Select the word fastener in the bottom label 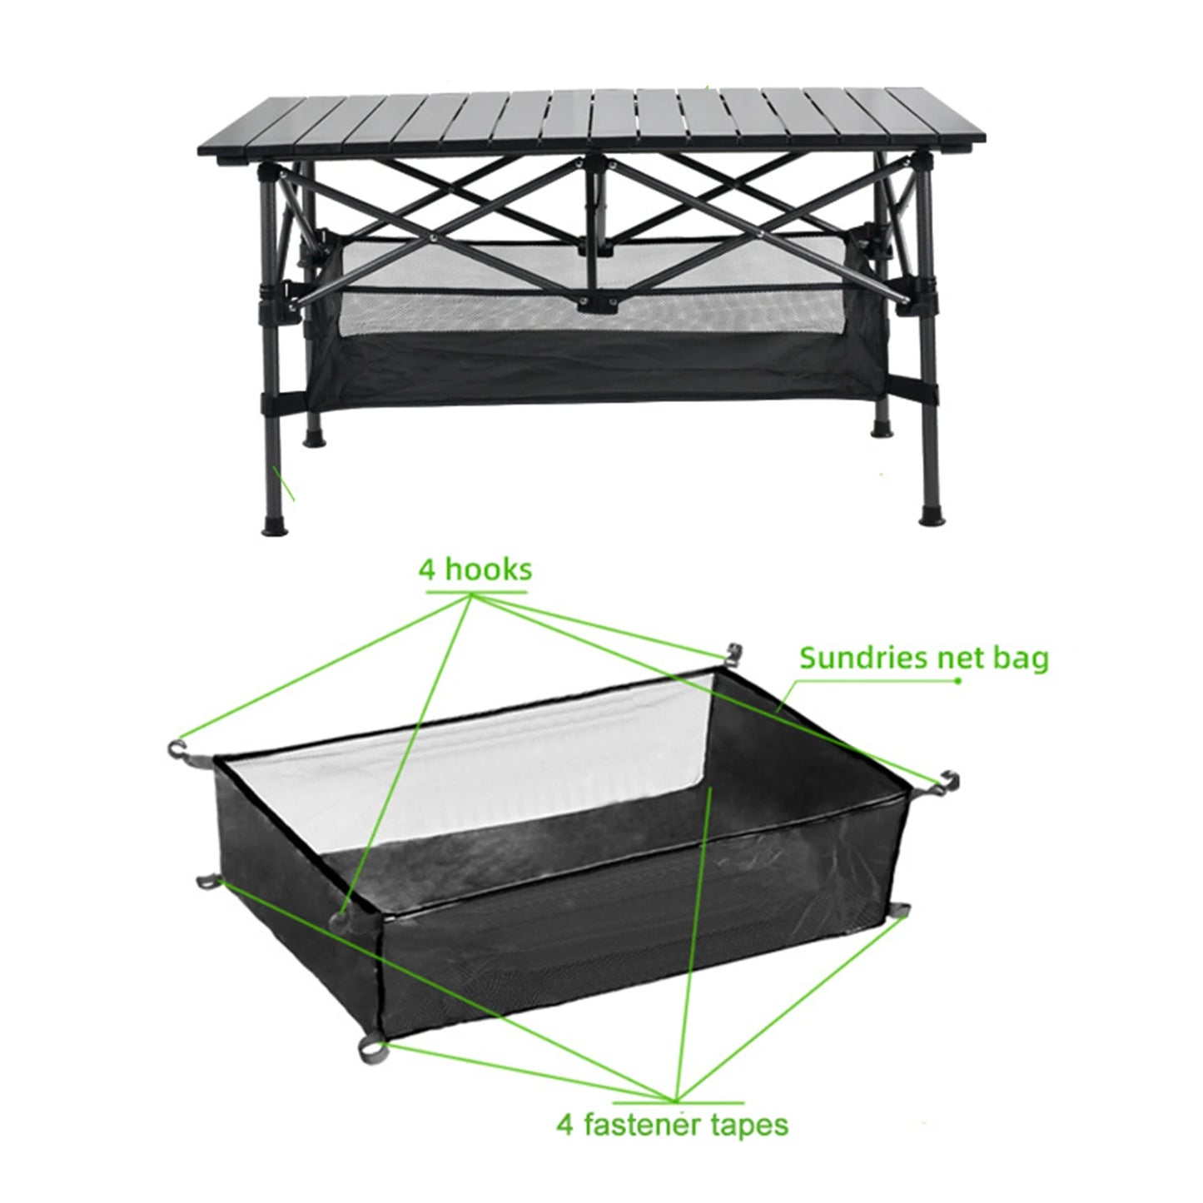tap(640, 1125)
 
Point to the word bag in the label tap(1020, 658)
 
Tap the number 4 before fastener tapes tap(565, 1125)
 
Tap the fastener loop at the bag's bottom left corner tap(206, 880)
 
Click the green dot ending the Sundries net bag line tap(958, 681)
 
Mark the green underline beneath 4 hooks tap(476, 592)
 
